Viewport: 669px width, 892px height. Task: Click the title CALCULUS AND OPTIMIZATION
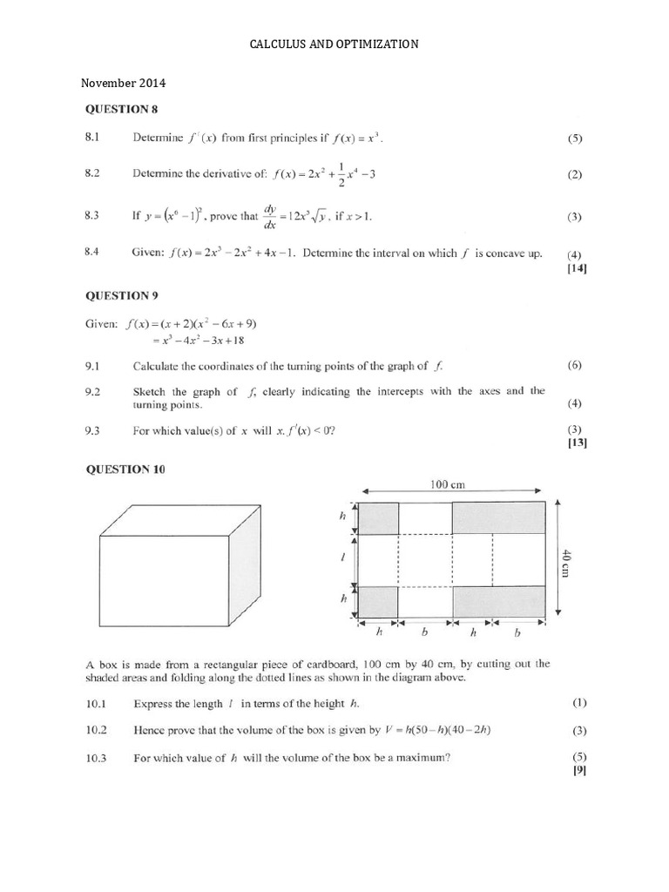coord(334,44)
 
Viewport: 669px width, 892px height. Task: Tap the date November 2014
coord(123,84)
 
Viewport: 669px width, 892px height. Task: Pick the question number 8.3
coord(94,215)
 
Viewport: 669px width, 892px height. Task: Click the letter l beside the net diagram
coord(342,558)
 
